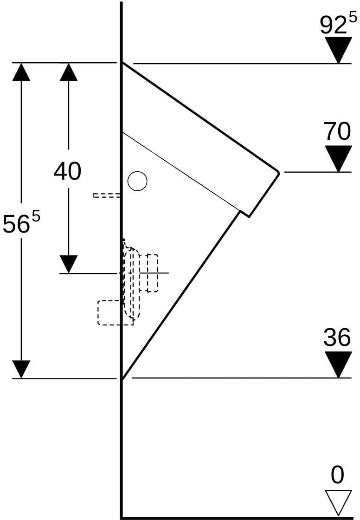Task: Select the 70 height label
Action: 337,131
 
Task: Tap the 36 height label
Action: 337,337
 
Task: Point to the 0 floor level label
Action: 337,475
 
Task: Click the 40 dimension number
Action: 67,171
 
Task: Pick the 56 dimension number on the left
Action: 16,224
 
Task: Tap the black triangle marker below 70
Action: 338,159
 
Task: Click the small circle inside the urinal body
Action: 137,181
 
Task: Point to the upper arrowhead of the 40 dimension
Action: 69,71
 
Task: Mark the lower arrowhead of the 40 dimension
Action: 69,264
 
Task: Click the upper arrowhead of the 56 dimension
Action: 21,71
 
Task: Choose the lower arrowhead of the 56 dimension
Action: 21,369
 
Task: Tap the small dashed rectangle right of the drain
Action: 153,273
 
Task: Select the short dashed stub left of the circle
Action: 107,195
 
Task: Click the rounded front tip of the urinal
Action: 278,173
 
